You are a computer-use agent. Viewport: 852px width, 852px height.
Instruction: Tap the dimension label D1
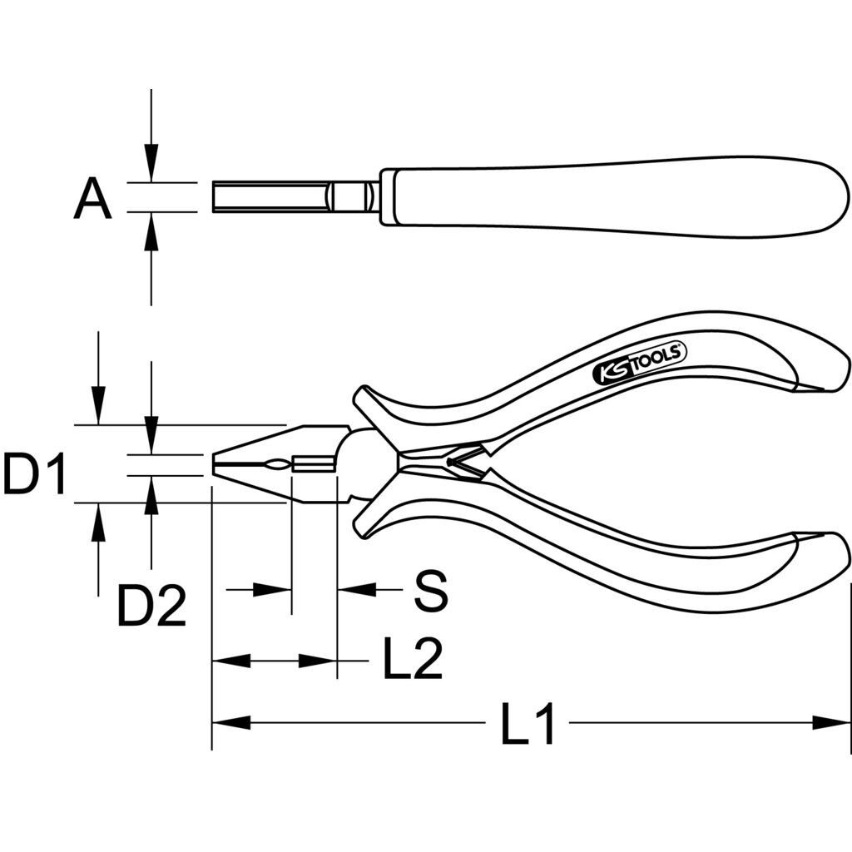33,473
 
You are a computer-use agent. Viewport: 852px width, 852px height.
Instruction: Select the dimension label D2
151,606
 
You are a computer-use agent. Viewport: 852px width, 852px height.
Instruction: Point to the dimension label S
431,590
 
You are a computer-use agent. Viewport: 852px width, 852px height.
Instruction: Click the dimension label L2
413,659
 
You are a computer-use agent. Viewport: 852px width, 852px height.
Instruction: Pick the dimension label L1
528,723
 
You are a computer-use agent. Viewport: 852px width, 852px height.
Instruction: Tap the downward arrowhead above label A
151,163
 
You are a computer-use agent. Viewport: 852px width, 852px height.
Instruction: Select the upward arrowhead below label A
151,231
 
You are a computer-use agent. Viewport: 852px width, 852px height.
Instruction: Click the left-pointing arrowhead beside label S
356,588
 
